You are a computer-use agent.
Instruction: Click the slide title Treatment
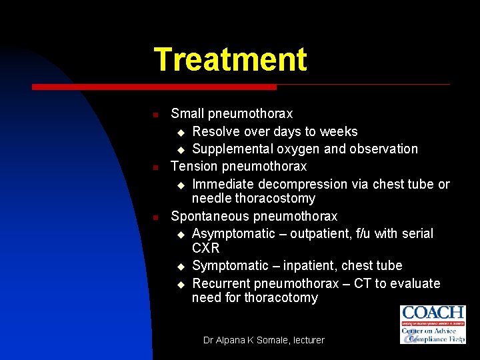230,59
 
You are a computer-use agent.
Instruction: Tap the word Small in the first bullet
187,114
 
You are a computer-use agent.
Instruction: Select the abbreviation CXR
206,248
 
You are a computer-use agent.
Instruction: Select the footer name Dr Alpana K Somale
243,340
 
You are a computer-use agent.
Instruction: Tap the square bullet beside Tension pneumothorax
155,167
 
